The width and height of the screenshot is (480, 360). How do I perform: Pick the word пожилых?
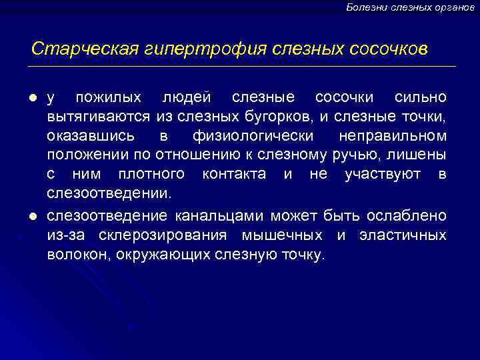point(108,98)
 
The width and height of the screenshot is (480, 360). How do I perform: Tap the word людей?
point(187,98)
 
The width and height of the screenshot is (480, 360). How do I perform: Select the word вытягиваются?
point(99,117)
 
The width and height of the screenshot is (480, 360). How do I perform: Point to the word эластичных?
point(403,236)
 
